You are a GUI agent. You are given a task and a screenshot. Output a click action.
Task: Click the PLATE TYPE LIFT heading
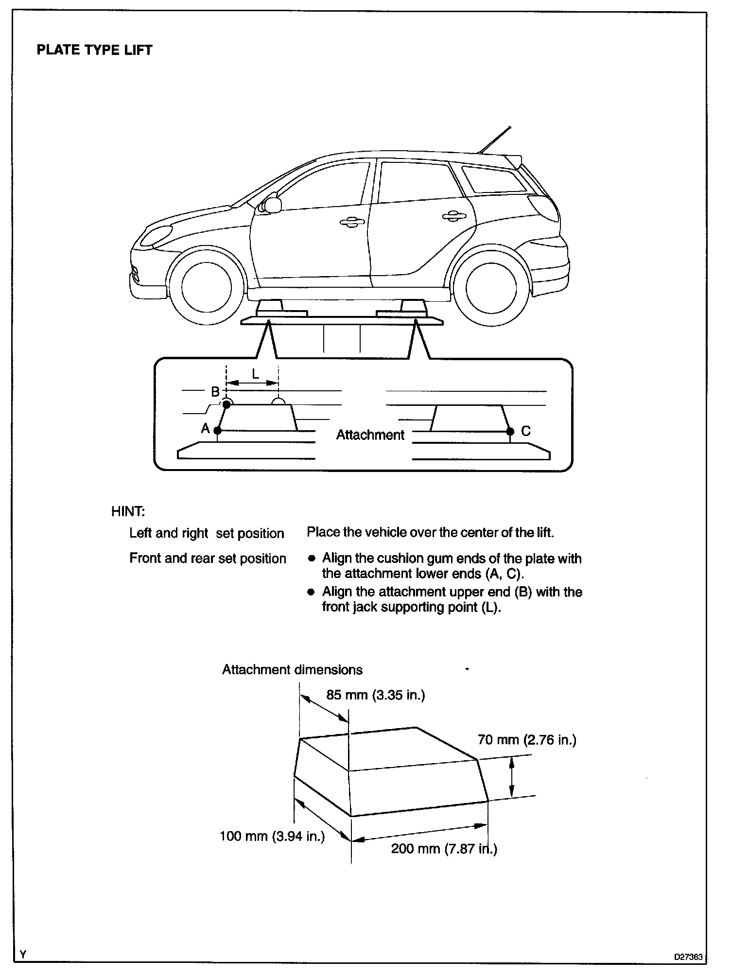(94, 50)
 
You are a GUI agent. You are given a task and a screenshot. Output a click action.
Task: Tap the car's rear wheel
(490, 288)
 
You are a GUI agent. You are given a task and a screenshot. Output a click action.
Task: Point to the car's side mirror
(272, 205)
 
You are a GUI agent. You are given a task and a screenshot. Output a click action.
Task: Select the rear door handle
(453, 215)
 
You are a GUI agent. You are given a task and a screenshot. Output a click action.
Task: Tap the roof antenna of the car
(495, 140)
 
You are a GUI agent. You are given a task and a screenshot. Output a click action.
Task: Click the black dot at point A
(217, 430)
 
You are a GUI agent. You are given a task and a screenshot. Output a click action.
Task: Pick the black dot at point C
(510, 431)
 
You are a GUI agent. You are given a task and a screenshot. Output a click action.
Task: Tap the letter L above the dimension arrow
(255, 373)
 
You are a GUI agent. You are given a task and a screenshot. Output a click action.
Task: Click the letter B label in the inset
(215, 392)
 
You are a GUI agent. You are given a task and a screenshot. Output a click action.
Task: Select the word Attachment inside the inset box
(370, 435)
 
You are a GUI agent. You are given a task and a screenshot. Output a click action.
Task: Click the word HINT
(128, 511)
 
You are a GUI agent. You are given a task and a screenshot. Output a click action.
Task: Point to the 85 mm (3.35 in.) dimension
(375, 695)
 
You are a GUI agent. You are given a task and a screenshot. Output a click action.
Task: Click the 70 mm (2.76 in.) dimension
(527, 740)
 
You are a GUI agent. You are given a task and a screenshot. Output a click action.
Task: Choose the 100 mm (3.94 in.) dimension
(272, 836)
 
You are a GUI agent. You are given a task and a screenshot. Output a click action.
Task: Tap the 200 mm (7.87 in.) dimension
(444, 849)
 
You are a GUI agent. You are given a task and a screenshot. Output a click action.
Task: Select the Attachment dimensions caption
(292, 670)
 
